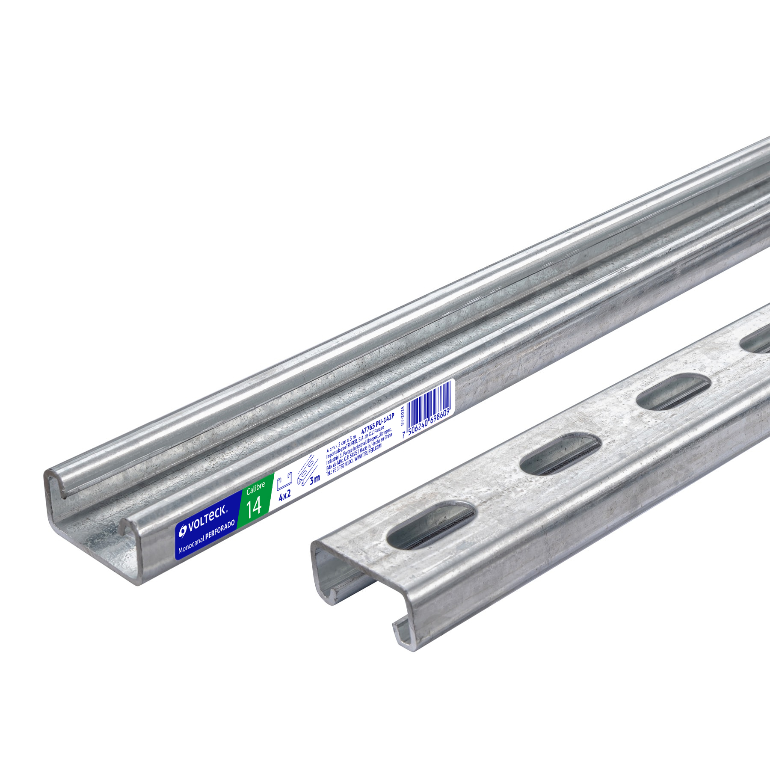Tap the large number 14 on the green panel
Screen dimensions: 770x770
click(x=254, y=506)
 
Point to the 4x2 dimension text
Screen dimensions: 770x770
click(x=284, y=495)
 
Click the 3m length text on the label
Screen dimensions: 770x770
click(x=315, y=479)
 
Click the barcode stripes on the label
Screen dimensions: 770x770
click(x=428, y=400)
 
